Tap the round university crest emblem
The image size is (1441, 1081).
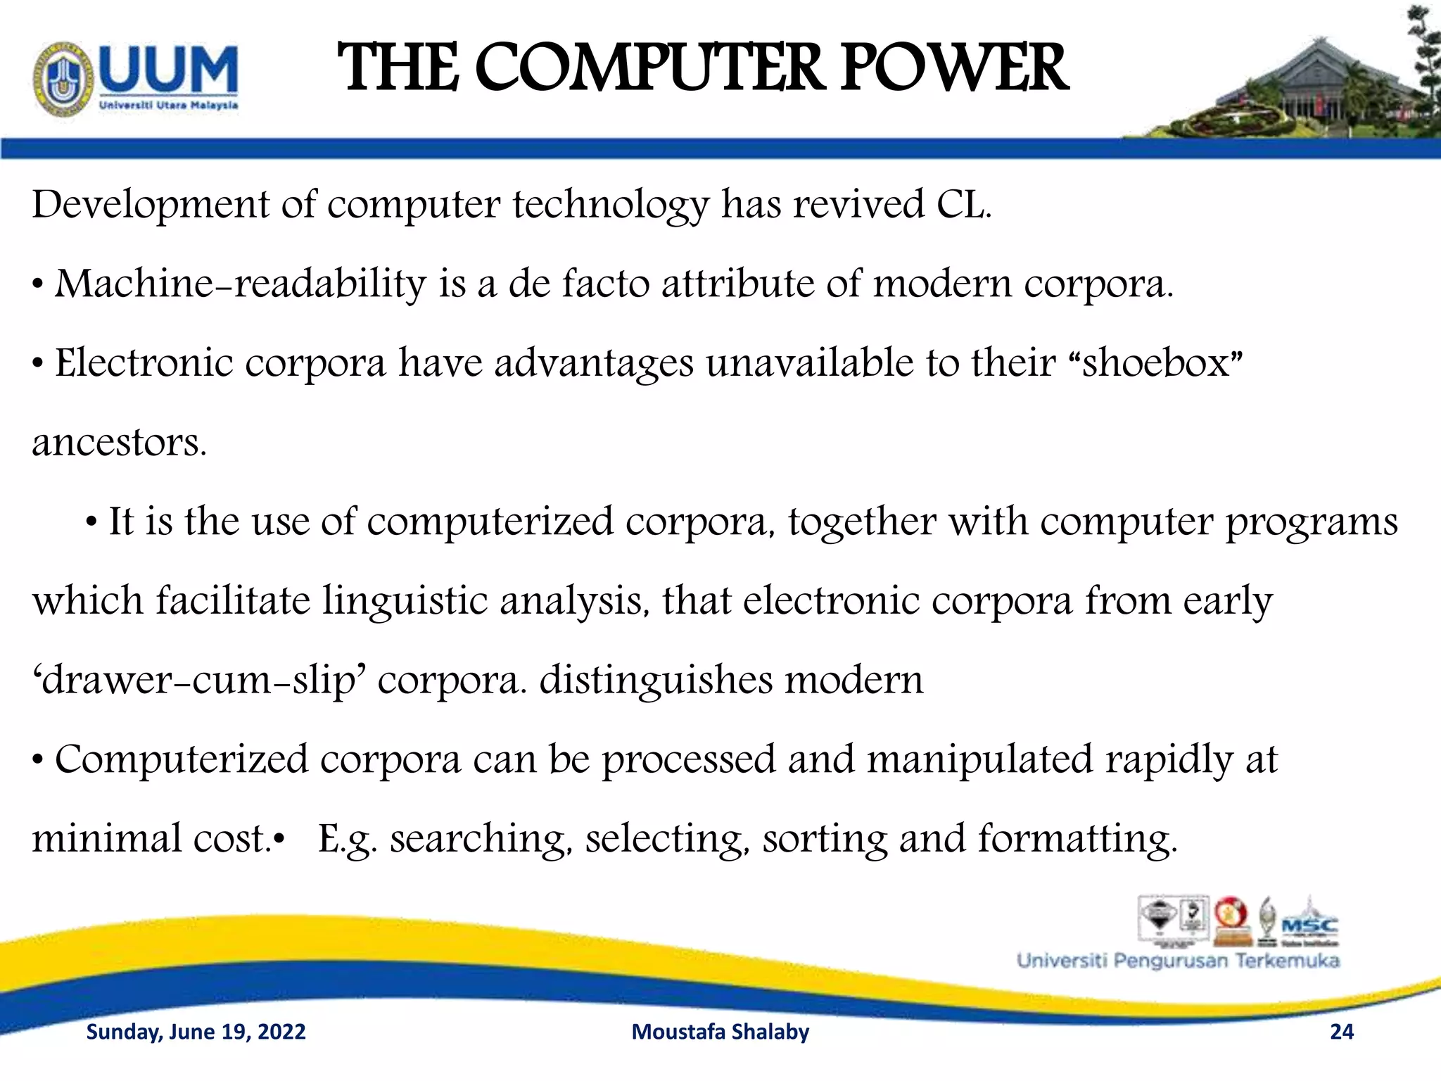[x=63, y=78]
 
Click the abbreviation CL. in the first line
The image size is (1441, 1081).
[x=963, y=205]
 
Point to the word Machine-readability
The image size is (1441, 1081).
[x=240, y=284]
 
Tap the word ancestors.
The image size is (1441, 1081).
[x=119, y=443]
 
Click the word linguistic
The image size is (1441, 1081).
[x=405, y=602]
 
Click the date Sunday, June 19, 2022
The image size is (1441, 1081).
[x=196, y=1032]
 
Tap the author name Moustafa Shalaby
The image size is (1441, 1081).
[x=720, y=1032]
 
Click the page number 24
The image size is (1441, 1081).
[x=1341, y=1032]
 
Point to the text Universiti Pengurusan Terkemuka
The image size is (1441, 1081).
[x=1178, y=961]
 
